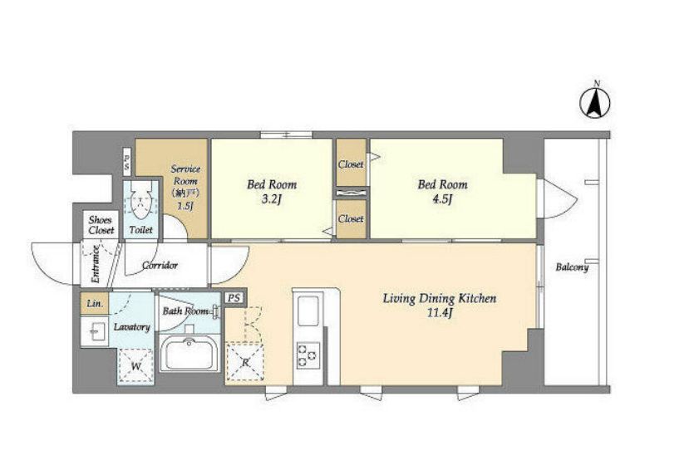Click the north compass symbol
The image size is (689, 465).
point(595,102)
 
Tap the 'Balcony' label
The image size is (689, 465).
point(572,267)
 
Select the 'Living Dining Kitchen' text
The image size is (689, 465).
point(440,299)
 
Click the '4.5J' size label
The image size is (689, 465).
point(442,199)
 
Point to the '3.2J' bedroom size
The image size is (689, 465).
point(271,199)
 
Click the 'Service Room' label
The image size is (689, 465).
point(186,174)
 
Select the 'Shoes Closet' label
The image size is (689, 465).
point(101,225)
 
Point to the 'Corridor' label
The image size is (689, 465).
point(160,265)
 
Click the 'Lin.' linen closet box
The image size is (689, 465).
point(95,303)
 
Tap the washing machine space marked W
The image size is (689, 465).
point(135,365)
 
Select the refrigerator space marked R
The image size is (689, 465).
point(244,363)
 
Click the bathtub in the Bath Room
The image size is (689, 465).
point(189,353)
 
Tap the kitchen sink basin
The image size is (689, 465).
point(308,311)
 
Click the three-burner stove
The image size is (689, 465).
point(308,355)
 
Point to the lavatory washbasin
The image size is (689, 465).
point(95,331)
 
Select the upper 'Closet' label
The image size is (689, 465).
point(351,164)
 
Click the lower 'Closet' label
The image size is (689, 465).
point(351,218)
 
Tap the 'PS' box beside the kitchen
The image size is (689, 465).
point(234,298)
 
